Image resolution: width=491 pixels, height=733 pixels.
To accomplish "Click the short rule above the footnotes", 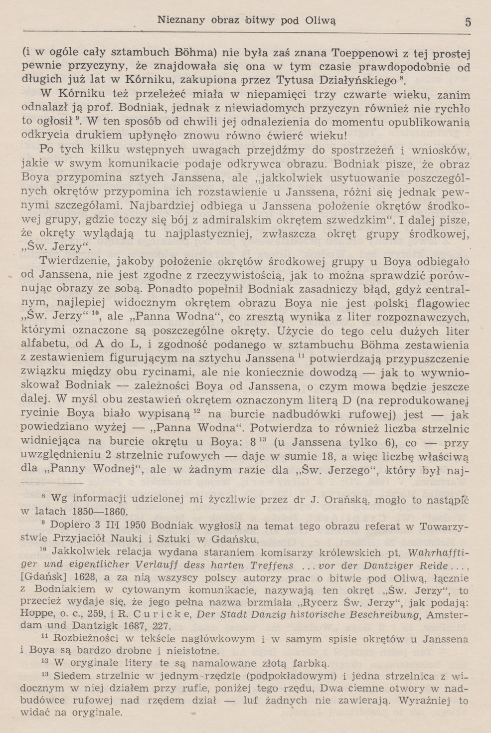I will tap(52, 483).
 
